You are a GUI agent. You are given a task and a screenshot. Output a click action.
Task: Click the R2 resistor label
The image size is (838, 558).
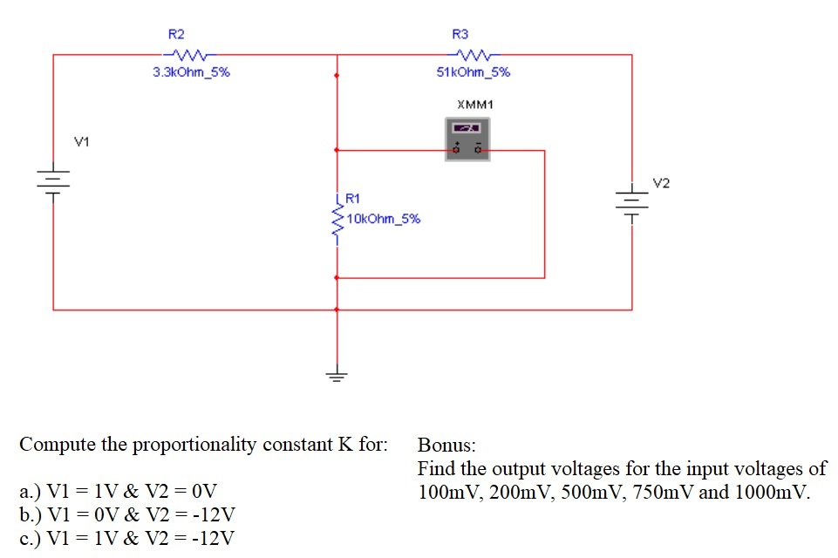coord(176,34)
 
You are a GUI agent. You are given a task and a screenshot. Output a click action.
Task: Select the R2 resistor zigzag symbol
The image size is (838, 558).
coord(191,54)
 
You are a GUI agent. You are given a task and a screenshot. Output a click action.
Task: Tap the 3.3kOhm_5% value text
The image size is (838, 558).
coord(191,72)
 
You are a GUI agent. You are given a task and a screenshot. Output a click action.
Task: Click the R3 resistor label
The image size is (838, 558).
coord(460,34)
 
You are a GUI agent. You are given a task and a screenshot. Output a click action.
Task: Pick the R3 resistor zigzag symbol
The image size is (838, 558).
coord(474,54)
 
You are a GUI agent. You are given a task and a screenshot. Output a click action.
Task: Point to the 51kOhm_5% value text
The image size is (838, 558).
coord(474,72)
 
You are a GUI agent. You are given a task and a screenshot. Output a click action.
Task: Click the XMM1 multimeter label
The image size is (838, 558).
coord(474,104)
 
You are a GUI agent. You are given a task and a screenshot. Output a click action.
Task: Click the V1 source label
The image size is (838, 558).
coord(81,140)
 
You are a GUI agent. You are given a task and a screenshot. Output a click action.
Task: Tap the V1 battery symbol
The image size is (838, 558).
coord(53,181)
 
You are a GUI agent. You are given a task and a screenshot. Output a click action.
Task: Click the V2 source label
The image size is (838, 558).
coord(662,183)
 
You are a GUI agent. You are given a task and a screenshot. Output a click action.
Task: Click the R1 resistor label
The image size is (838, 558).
coord(353,200)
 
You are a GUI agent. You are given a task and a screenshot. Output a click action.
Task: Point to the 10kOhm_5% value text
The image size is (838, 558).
coord(383,218)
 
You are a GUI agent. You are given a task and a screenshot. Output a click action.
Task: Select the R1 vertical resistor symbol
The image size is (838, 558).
coord(337,222)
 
